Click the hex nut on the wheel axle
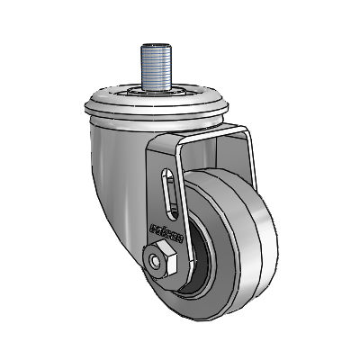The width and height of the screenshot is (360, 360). click(163, 258)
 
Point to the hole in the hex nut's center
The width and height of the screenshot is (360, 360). click(163, 259)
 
